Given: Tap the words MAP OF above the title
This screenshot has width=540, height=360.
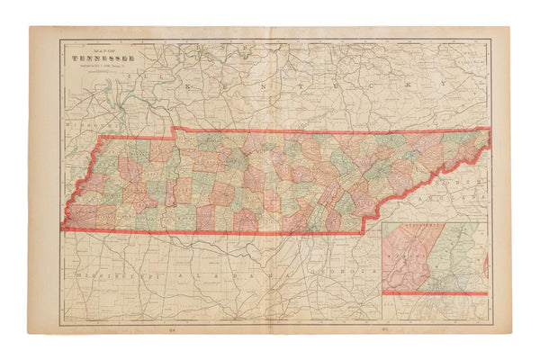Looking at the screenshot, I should tap(100, 51).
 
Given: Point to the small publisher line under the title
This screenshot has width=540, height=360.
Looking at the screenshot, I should tap(100, 68).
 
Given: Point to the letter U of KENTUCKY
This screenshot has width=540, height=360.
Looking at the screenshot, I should tap(323, 85).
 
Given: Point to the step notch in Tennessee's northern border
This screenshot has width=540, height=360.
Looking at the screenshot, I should tap(173, 131).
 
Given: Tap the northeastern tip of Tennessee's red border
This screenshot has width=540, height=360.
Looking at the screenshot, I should tap(489, 129).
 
